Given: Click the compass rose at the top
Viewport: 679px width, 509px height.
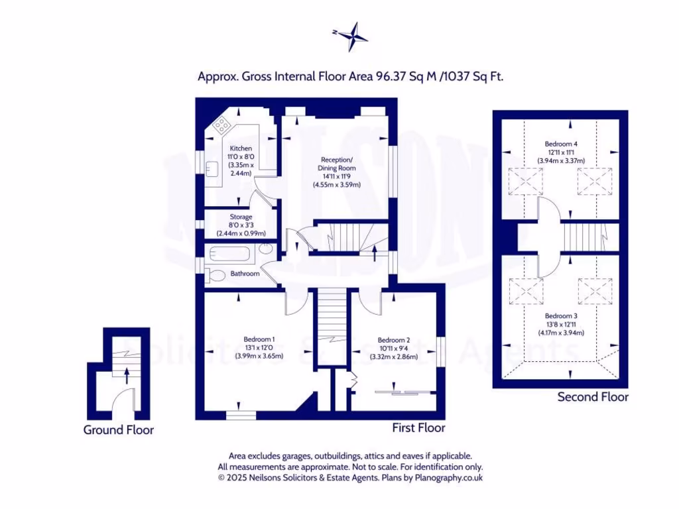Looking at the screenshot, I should click(351, 36).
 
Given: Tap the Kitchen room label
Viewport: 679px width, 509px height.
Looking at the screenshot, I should click(241, 148).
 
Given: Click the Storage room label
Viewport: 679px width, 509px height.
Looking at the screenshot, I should click(241, 217).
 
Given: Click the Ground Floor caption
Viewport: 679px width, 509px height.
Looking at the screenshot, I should click(118, 429).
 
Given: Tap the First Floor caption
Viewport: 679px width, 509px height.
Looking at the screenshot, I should click(418, 427).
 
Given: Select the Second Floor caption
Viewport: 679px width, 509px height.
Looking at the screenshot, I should click(592, 397).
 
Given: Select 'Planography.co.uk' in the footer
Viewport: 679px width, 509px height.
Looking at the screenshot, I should click(448, 477).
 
